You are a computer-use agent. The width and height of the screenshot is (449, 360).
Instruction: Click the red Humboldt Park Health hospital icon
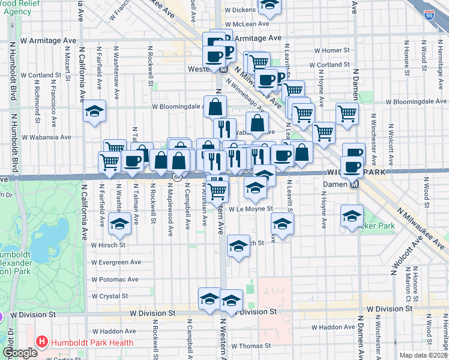[x=42, y=343]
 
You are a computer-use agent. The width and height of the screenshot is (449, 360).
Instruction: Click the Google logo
[x=20, y=353]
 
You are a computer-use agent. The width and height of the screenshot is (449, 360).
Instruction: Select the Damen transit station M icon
[x=354, y=184]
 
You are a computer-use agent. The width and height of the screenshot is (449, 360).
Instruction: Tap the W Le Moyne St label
[x=250, y=209]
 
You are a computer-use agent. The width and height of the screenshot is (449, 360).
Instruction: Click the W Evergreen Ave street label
[x=116, y=262]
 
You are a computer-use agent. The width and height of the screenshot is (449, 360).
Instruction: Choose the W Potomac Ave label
[x=115, y=280]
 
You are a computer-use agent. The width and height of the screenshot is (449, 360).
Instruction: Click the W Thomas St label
[x=251, y=346]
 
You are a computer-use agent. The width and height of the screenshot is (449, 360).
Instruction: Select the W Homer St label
[x=330, y=50]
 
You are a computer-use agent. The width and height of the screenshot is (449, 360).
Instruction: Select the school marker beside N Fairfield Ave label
[x=94, y=112]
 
